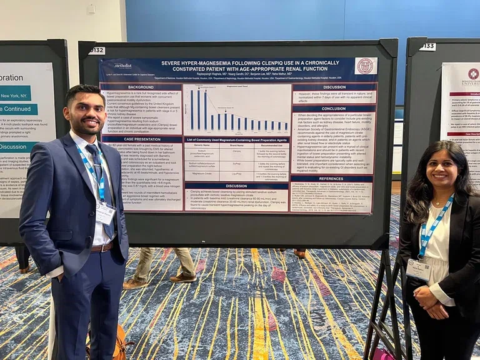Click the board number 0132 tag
97,51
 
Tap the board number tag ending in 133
427,47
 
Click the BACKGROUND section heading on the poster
141,87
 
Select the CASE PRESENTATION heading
141,139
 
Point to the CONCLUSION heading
334,108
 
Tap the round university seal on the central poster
365,66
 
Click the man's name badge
104,212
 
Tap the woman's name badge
417,269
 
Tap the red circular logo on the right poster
473,74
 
